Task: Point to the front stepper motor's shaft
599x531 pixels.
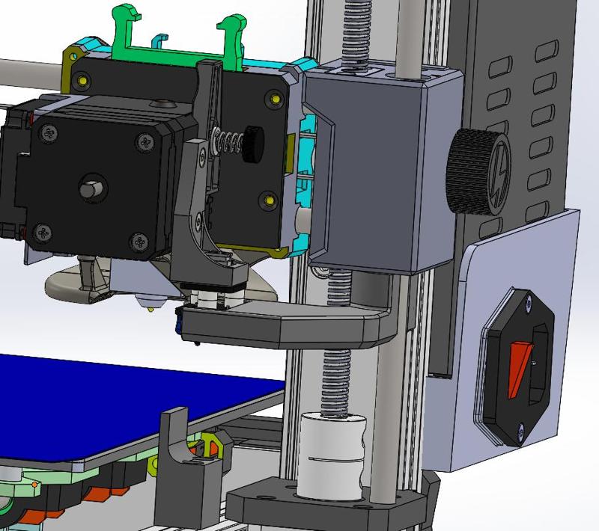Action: (91, 186)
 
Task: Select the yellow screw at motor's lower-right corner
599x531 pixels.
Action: (270, 200)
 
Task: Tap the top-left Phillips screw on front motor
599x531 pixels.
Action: (50, 134)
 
